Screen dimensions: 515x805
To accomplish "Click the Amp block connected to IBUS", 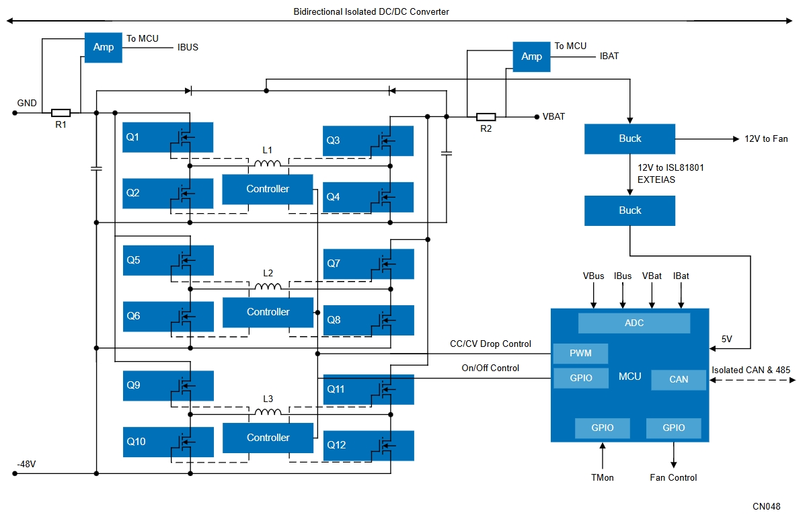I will pos(104,47).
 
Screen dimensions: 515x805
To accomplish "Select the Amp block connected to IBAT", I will pos(531,56).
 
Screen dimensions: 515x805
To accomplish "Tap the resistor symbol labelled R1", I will pos(61,113).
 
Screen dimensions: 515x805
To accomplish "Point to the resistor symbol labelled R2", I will pos(486,116).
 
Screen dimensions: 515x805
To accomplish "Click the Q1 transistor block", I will pos(167,137).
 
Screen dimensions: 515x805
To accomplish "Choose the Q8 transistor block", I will pos(368,320).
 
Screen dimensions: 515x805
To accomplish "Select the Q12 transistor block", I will pos(368,445).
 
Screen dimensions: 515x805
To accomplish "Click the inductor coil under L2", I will pos(268,286).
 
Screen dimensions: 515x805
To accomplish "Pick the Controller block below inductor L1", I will pos(268,189).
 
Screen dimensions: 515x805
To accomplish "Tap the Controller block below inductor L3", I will pos(268,438).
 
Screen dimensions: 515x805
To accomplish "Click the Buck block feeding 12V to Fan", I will pos(629,138).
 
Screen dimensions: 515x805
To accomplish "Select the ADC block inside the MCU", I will pos(634,323).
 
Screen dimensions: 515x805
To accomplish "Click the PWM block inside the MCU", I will pos(580,354).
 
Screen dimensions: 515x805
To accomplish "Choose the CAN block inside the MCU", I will pos(678,379).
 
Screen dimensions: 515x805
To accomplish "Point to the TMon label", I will pos(603,477).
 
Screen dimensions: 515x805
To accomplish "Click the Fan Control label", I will pos(673,477).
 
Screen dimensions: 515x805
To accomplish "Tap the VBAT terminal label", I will pos(553,116).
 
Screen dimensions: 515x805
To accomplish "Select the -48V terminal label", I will pos(27,464).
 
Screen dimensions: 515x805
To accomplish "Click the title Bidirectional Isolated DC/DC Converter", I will pos(371,11).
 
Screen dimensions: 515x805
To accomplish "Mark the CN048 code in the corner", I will pos(767,505).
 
